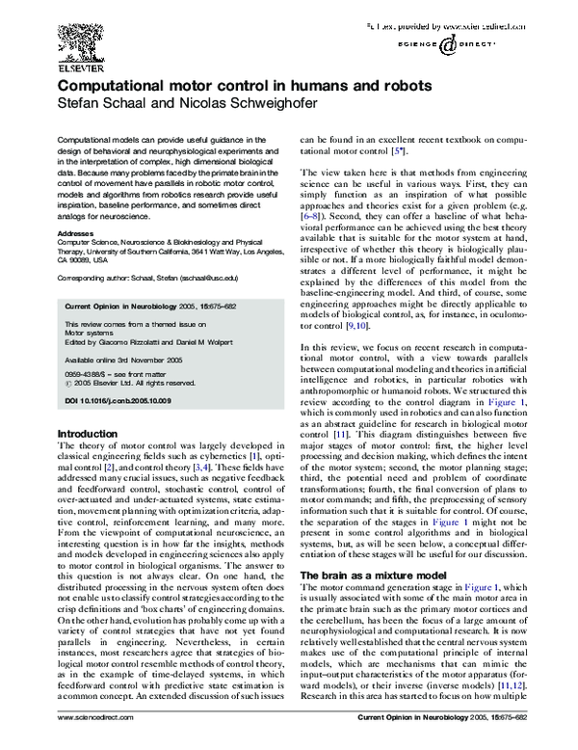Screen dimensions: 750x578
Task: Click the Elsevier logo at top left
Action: click(76, 40)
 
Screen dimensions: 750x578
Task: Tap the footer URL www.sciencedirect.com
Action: click(93, 744)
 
